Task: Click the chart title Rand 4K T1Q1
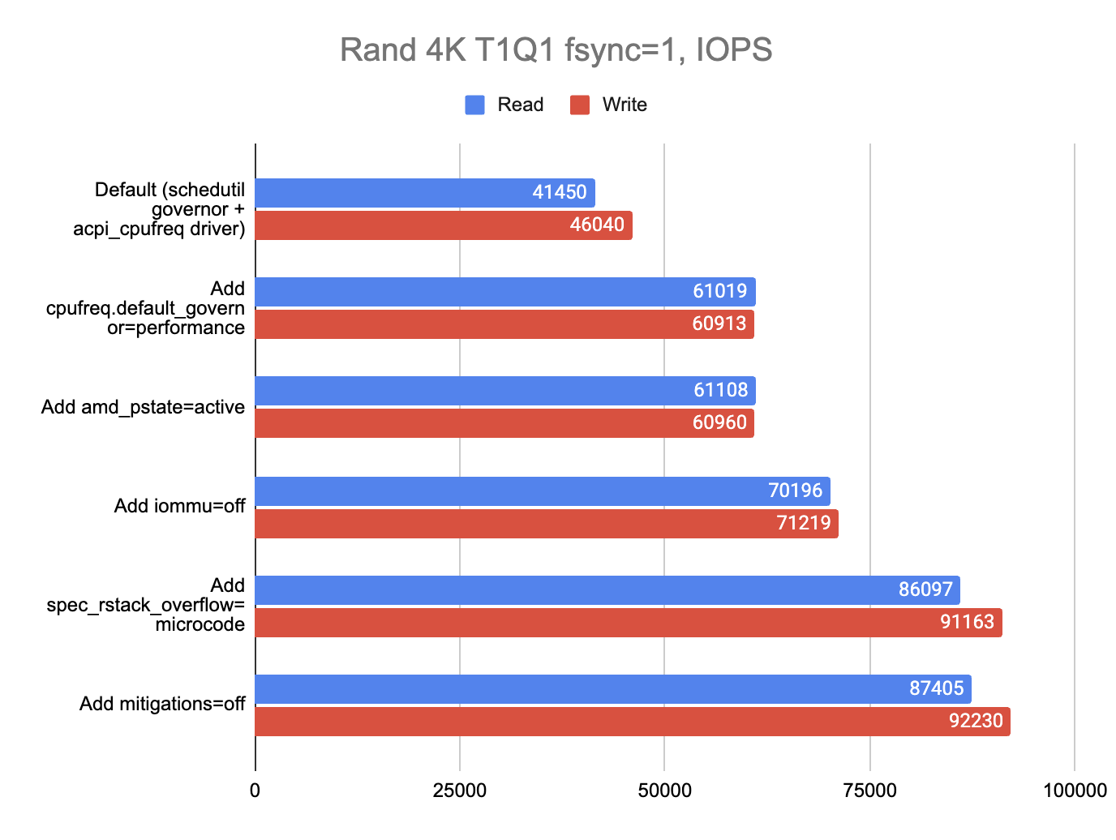tap(556, 50)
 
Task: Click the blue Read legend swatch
tap(474, 105)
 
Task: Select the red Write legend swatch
tap(579, 105)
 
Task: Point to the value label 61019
tap(719, 291)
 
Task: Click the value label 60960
tap(719, 423)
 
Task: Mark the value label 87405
tap(936, 688)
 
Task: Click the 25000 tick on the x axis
tap(460, 791)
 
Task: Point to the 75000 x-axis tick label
tap(869, 791)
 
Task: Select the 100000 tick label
tap(1074, 791)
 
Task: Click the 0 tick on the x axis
tap(255, 791)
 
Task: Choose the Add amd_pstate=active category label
tap(143, 407)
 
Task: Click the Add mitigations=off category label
tap(162, 704)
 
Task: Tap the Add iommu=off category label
tap(179, 507)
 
